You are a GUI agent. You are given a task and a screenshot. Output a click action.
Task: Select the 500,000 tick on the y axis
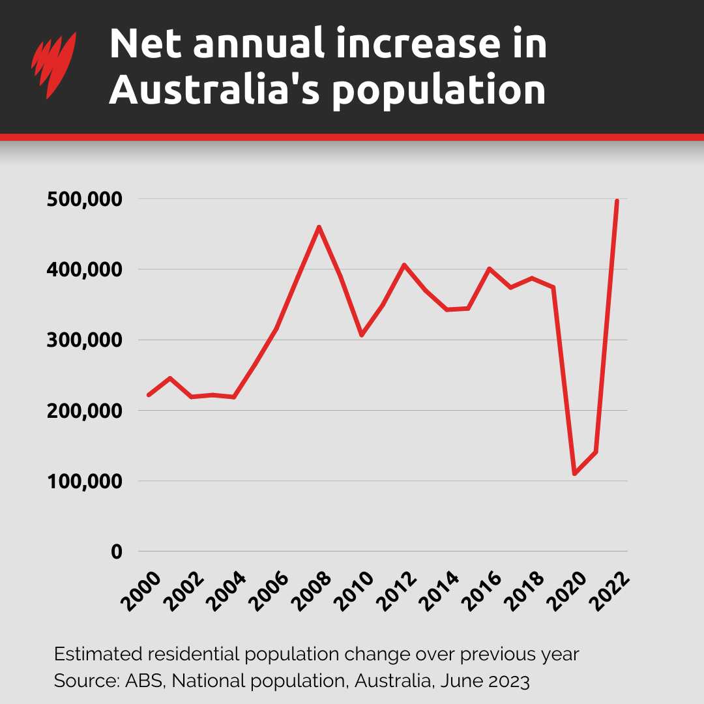pyautogui.click(x=84, y=199)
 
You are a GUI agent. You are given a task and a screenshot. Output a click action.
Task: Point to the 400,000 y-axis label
pyautogui.click(x=84, y=270)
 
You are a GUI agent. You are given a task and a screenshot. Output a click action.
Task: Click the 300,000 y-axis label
pyautogui.click(x=84, y=340)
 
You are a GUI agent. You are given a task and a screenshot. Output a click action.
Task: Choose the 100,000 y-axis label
pyautogui.click(x=84, y=482)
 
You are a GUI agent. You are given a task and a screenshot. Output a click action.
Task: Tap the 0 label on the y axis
pyautogui.click(x=116, y=552)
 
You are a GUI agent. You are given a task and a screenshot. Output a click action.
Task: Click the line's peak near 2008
pyautogui.click(x=319, y=227)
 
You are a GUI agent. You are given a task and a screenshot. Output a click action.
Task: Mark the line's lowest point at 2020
pyautogui.click(x=574, y=474)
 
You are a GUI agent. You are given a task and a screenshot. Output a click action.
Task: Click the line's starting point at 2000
pyautogui.click(x=149, y=395)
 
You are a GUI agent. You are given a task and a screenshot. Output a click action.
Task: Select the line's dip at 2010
pyautogui.click(x=361, y=335)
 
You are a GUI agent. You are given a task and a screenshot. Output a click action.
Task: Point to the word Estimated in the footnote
pyautogui.click(x=91, y=653)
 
